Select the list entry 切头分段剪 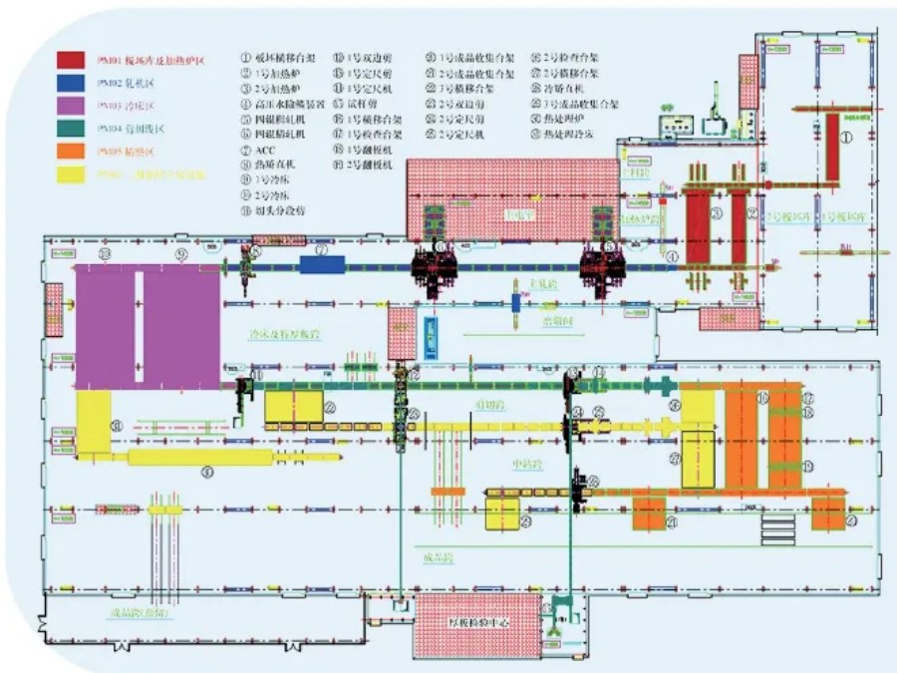pos(282,211)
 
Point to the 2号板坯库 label pos(784,215)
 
